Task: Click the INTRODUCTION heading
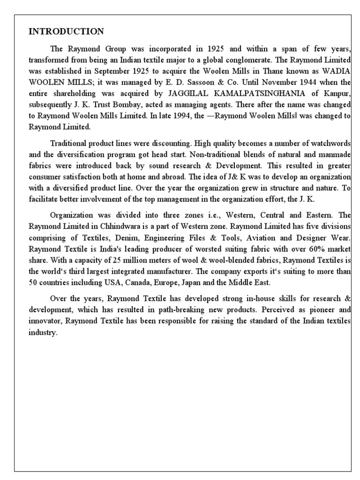[x=66, y=32]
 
